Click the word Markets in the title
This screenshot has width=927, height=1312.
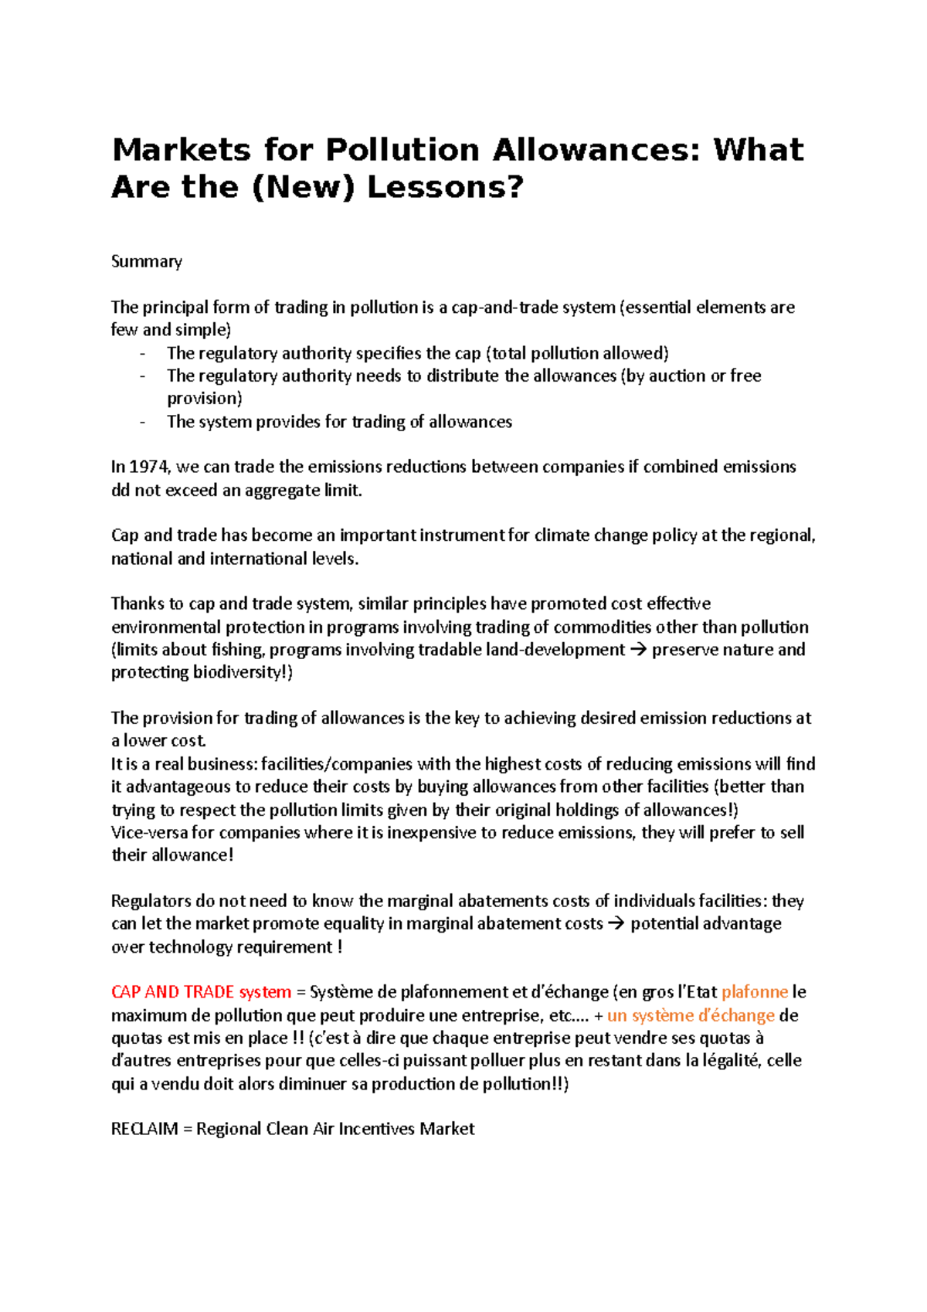182,150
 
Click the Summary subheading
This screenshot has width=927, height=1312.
147,261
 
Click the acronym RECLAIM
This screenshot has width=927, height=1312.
144,1129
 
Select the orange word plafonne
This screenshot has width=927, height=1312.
754,992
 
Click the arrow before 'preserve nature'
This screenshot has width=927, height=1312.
638,650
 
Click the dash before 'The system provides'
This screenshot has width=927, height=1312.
142,422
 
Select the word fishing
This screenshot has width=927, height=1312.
235,650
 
